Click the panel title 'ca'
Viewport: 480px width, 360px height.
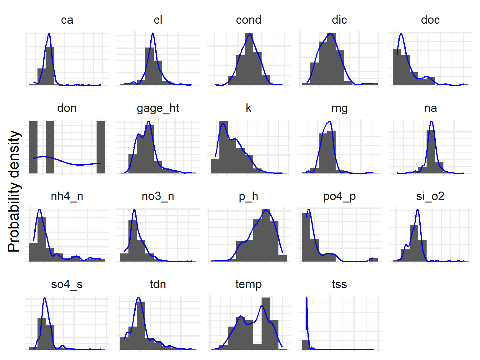tap(67, 20)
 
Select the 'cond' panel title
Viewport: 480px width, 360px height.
tap(248, 20)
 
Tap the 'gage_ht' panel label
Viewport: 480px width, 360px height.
tap(158, 108)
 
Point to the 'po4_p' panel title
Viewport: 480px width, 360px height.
tap(339, 196)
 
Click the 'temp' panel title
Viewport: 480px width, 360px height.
tap(248, 284)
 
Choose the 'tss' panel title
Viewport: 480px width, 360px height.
tap(339, 284)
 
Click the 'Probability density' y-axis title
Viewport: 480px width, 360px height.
tap(14, 191)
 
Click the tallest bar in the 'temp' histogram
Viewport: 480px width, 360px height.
tap(266, 323)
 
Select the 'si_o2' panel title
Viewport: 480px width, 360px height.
tap(430, 196)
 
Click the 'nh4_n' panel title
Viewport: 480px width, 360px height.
tap(67, 196)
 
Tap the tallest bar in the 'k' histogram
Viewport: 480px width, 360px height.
tap(223, 147)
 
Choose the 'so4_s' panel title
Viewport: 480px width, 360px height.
tap(67, 284)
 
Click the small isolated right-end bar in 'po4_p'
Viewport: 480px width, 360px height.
tap(373, 259)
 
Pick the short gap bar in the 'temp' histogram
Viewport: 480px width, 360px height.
tap(257, 346)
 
